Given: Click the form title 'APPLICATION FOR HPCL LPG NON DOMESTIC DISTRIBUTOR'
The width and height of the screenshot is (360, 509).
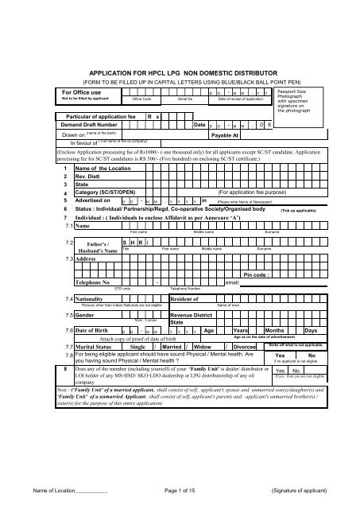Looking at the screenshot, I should [x=180, y=71].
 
